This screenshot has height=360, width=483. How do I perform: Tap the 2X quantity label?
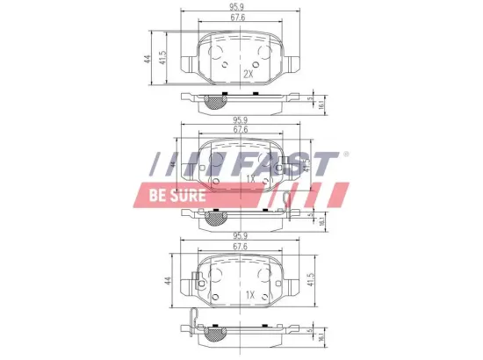[248, 75]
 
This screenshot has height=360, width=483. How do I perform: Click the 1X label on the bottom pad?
[249, 294]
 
